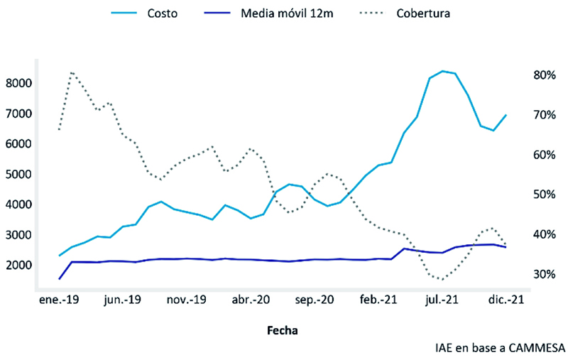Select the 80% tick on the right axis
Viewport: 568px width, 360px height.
[542, 75]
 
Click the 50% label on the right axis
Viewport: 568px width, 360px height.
[542, 195]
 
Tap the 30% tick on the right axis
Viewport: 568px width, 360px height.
[542, 274]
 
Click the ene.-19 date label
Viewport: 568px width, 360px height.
[59, 300]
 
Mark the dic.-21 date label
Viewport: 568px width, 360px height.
[505, 300]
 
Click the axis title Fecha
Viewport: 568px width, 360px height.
[282, 330]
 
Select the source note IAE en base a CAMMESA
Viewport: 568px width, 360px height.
[500, 348]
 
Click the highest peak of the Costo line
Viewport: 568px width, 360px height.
[442, 71]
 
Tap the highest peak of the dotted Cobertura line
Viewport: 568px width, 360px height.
[72, 72]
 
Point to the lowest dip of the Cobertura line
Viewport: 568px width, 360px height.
[442, 279]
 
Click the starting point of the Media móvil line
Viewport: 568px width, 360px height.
[60, 278]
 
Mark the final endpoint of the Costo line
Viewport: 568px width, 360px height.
[506, 115]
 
